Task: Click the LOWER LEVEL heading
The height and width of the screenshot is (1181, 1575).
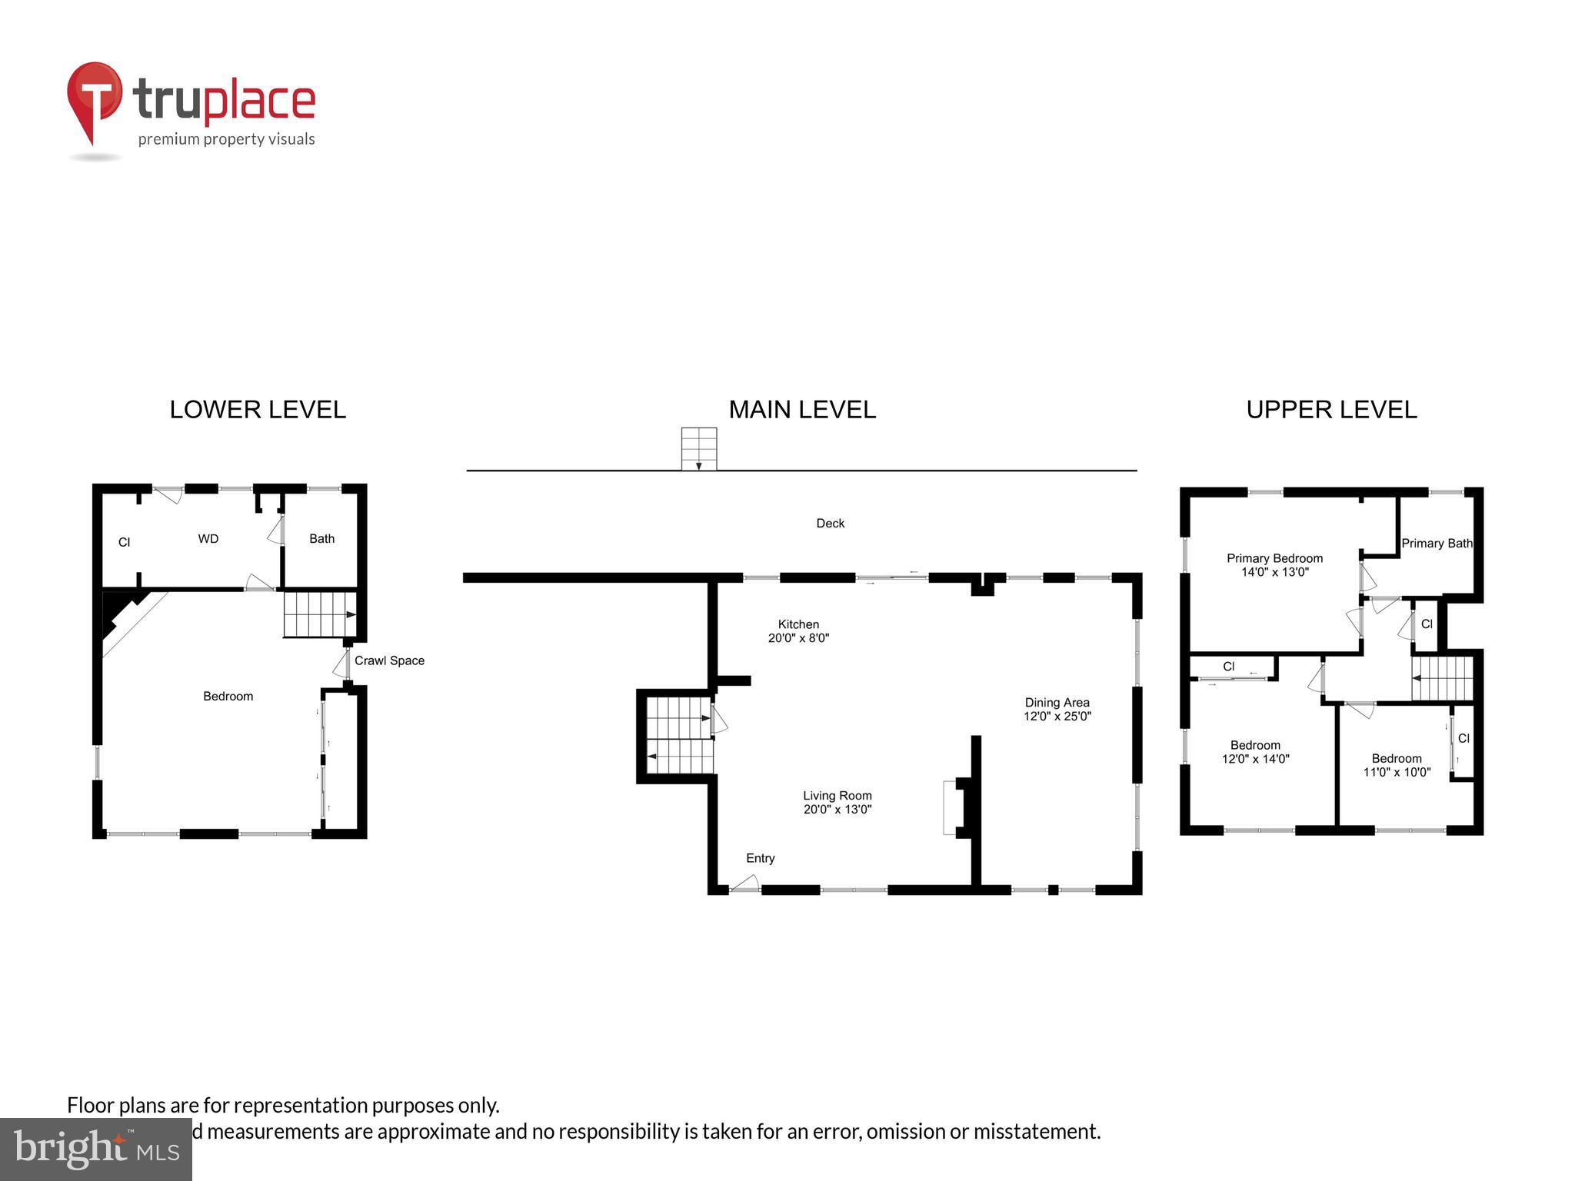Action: pos(258,410)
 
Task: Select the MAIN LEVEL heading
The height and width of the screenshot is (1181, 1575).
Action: pos(802,410)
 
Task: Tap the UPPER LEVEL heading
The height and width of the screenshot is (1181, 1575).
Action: pos(1331,410)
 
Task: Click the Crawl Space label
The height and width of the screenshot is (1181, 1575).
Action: pos(389,660)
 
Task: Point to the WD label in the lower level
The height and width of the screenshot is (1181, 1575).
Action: pos(208,539)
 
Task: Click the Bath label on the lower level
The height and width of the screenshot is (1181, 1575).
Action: pos(321,539)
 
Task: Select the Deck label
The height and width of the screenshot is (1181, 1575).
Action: pos(830,524)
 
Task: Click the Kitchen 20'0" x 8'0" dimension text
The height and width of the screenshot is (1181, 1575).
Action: pos(798,638)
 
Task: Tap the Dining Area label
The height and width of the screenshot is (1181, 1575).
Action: pos(1057,702)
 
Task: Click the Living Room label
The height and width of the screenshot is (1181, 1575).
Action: pos(837,796)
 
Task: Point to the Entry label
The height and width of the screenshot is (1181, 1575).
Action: pos(760,858)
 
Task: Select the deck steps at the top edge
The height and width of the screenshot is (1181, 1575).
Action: pos(698,449)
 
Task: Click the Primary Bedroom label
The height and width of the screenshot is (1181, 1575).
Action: pos(1274,558)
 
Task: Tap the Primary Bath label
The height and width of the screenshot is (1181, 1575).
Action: pos(1436,543)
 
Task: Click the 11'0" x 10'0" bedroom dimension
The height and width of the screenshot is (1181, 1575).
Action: pos(1397,772)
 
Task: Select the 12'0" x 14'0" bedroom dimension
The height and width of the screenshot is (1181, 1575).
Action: pos(1255,759)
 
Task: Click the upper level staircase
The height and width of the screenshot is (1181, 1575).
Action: pos(1442,678)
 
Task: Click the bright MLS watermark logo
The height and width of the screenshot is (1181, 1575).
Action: pos(95,1149)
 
